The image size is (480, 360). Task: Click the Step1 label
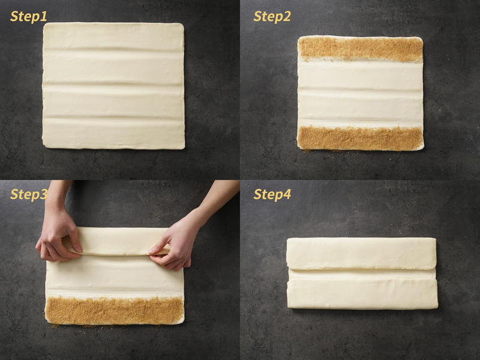click(28, 17)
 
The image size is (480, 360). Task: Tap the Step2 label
click(272, 17)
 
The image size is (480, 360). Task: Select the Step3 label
click(28, 194)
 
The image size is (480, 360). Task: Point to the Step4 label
click(272, 194)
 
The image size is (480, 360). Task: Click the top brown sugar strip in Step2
click(361, 49)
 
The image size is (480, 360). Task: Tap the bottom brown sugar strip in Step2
click(361, 139)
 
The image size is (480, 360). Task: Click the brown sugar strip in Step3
click(115, 310)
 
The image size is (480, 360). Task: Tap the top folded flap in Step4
click(361, 254)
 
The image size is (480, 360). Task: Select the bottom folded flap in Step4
click(362, 293)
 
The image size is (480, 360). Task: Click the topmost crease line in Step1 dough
click(113, 50)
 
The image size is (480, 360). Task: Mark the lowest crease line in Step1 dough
click(113, 118)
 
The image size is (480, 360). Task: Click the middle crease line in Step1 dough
click(113, 84)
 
